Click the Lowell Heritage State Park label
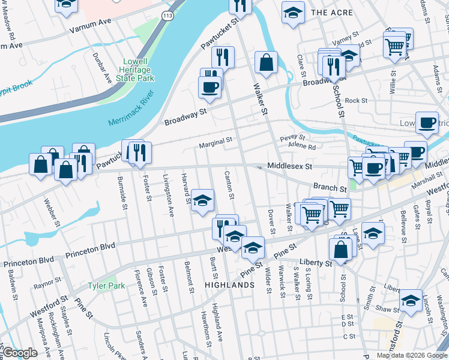(139, 70)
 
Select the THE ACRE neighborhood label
(328, 12)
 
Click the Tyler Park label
(106, 286)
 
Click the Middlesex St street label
(291, 166)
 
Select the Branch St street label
(330, 188)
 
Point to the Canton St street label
(229, 188)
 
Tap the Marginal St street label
(215, 142)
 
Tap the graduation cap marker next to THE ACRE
(293, 13)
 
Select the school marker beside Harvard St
(203, 200)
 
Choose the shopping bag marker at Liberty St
(340, 249)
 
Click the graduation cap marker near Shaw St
(411, 301)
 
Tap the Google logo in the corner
(20, 353)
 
